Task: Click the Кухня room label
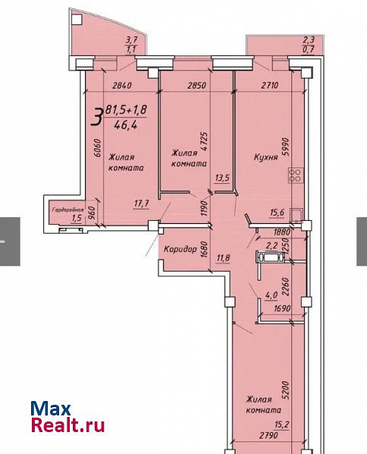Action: (x=265, y=157)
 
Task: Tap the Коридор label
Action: (x=180, y=249)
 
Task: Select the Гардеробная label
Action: (x=68, y=210)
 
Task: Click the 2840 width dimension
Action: (x=122, y=86)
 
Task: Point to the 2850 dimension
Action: (x=197, y=86)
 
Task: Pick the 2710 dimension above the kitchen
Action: (x=270, y=85)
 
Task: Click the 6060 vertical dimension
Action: (x=98, y=148)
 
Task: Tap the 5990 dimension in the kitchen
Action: (x=286, y=147)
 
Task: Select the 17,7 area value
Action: (x=142, y=204)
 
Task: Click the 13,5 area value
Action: (x=222, y=178)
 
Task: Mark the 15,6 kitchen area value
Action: (x=277, y=213)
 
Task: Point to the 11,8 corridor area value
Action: (x=224, y=257)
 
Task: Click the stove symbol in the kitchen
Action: (x=296, y=176)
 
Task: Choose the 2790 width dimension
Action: (x=268, y=435)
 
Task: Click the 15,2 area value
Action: (x=282, y=424)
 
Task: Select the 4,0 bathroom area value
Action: (x=271, y=295)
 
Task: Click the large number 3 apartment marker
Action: (x=97, y=117)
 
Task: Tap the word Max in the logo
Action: (x=51, y=409)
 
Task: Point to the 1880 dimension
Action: (x=282, y=232)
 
